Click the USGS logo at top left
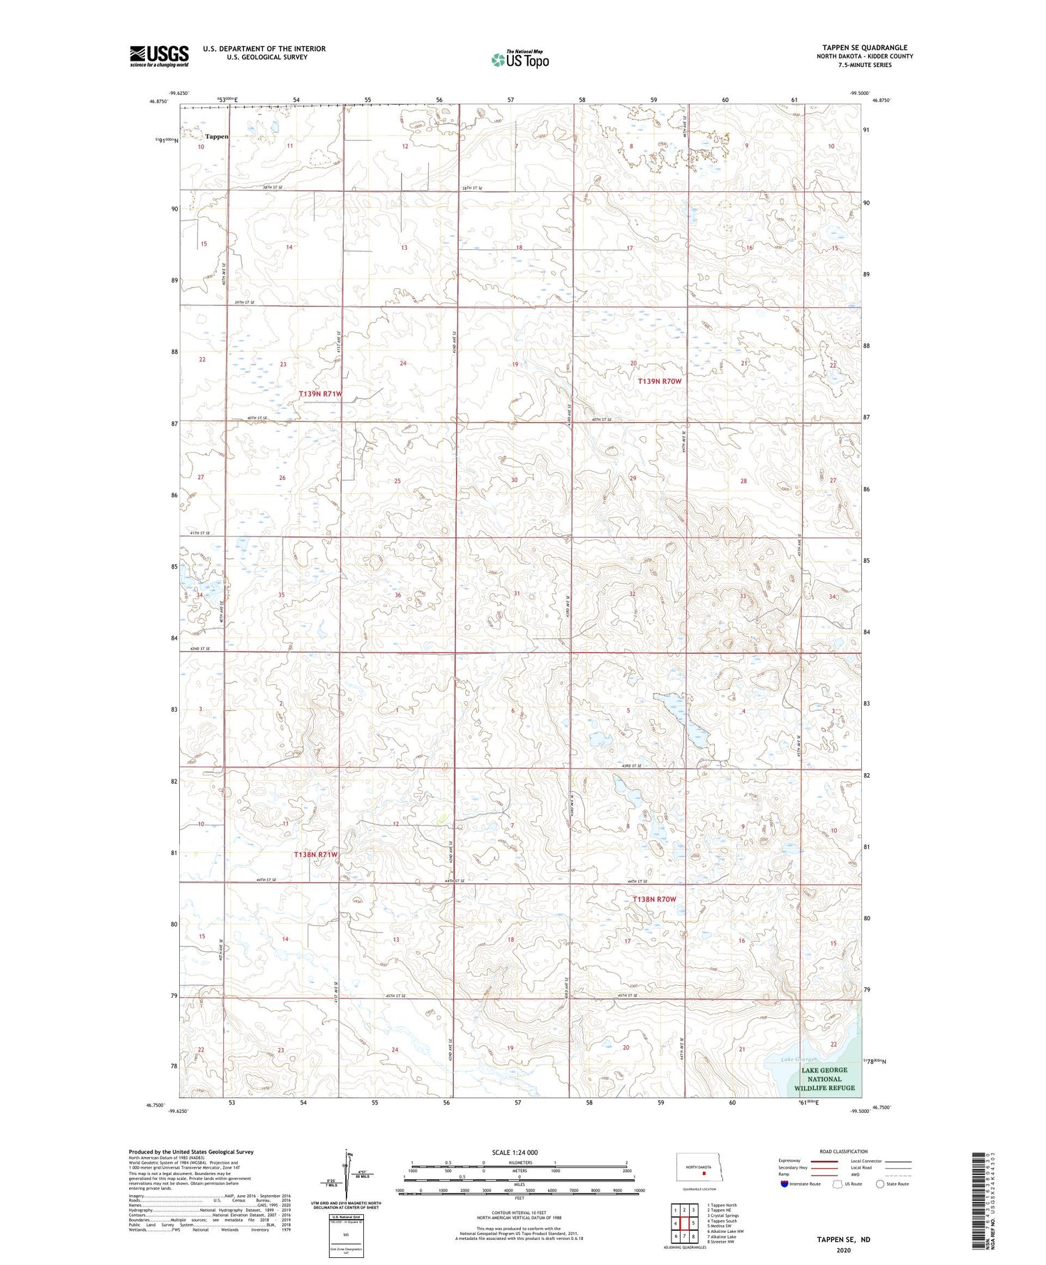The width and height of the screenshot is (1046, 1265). [x=159, y=56]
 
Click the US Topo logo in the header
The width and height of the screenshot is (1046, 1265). [x=520, y=60]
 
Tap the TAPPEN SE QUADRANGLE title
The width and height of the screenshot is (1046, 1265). [x=865, y=47]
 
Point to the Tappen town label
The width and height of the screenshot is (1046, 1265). [x=217, y=137]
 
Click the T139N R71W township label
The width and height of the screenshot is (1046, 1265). [x=321, y=394]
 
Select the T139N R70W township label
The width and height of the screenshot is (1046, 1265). [x=659, y=382]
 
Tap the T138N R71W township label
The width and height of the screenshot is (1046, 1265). [x=315, y=855]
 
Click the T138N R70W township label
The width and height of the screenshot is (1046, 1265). [x=654, y=899]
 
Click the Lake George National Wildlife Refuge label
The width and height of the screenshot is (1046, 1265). [x=824, y=1079]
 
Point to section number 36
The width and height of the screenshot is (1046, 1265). [x=398, y=594]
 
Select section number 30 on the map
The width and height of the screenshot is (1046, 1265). [x=514, y=480]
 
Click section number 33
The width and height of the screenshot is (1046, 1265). [x=743, y=596]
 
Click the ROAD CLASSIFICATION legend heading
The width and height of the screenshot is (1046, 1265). [x=844, y=1151]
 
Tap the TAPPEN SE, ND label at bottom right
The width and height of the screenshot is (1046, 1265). [x=844, y=1240]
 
